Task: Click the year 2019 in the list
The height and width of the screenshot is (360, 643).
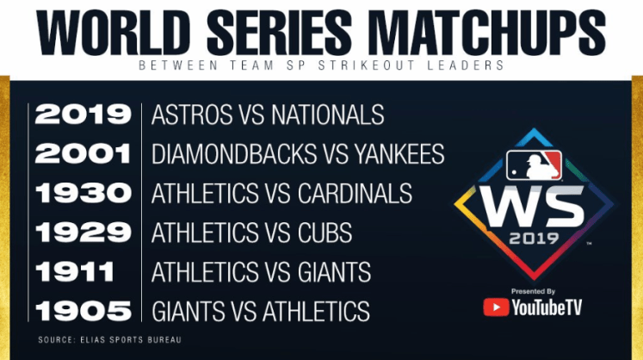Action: coord(83,115)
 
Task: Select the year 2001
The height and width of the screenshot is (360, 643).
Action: coord(83,153)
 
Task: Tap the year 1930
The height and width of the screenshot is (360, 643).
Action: coord(83,193)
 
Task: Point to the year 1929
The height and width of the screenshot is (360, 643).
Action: coord(83,233)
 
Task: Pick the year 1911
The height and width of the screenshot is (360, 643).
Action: coord(75,272)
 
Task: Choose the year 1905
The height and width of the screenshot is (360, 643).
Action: coord(83,311)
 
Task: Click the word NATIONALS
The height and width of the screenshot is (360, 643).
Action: coord(328,115)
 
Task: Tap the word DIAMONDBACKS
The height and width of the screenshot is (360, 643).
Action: coord(234,154)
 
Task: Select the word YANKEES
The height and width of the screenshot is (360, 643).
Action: coord(399,154)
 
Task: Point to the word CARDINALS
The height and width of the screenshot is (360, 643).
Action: coord(355,193)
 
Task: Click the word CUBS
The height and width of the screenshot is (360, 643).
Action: coord(325,233)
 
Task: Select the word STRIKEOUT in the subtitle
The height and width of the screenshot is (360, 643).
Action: coord(366,65)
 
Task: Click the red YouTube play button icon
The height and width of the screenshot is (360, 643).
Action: coord(496,307)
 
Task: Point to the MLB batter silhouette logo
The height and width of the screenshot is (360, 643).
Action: coord(534,165)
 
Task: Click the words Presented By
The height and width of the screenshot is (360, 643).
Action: coord(533,291)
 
